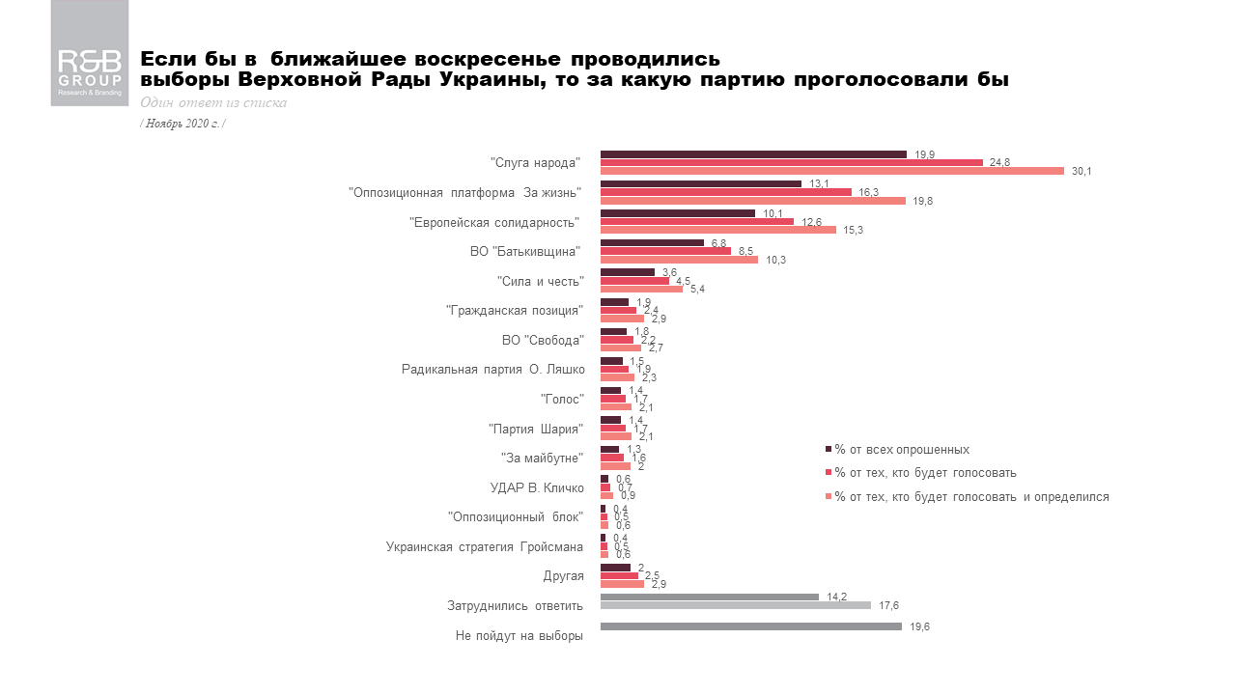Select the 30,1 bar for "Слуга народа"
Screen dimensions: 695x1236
[831, 171]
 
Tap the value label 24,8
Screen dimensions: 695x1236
[1000, 163]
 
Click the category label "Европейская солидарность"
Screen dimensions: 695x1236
[495, 223]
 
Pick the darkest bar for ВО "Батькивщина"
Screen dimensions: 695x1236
[652, 242]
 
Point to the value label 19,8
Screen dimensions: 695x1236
[923, 201]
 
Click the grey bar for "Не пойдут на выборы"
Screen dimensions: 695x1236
[750, 626]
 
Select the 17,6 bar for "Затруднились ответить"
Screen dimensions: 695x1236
[735, 605]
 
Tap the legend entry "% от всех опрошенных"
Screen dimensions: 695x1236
[902, 450]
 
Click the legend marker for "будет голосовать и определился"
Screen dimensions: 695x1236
[829, 497]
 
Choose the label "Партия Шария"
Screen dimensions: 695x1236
[536, 429]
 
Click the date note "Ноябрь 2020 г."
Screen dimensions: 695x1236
[183, 124]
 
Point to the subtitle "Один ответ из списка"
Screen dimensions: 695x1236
[213, 103]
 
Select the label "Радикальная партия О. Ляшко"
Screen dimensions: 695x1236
[492, 370]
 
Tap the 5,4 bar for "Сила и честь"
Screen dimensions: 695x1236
[641, 289]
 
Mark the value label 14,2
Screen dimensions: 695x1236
[836, 597]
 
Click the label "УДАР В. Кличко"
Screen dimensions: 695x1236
[537, 487]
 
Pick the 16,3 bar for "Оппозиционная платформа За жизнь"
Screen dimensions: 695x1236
[725, 192]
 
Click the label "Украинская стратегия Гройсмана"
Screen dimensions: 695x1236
[485, 547]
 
